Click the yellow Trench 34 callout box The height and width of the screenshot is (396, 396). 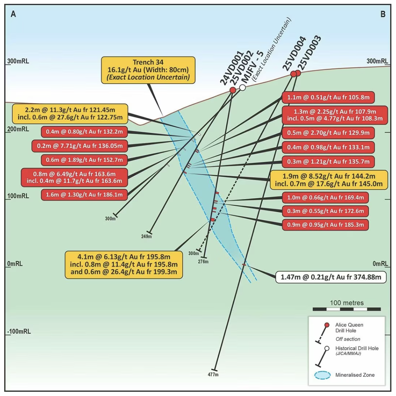click(148, 70)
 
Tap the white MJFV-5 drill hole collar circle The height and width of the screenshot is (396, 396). click(242, 87)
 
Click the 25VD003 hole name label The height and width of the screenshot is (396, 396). click(309, 53)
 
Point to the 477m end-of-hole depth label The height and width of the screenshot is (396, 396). click(213, 375)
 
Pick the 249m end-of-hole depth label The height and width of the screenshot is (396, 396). click(146, 236)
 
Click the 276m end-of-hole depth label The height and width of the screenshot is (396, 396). click(203, 262)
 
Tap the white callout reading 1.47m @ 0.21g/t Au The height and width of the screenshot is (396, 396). click(331, 277)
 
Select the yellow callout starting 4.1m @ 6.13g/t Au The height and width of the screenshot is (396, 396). click(124, 264)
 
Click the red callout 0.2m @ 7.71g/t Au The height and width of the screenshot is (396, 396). click(80, 146)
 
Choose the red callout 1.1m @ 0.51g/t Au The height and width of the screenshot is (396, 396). click(328, 97)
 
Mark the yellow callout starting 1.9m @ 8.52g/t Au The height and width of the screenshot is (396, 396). click(329, 180)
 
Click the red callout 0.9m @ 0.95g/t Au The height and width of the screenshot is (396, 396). click(325, 225)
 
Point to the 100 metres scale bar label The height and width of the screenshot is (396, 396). click(347, 303)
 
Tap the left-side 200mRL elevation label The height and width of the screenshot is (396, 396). click(18, 129)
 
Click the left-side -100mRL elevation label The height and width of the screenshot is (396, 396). click(19, 332)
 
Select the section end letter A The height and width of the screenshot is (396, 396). click(13, 14)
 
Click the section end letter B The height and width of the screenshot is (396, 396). click(383, 14)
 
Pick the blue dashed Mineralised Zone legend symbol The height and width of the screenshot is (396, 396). click(322, 375)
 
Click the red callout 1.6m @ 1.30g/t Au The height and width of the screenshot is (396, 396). click(84, 195)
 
